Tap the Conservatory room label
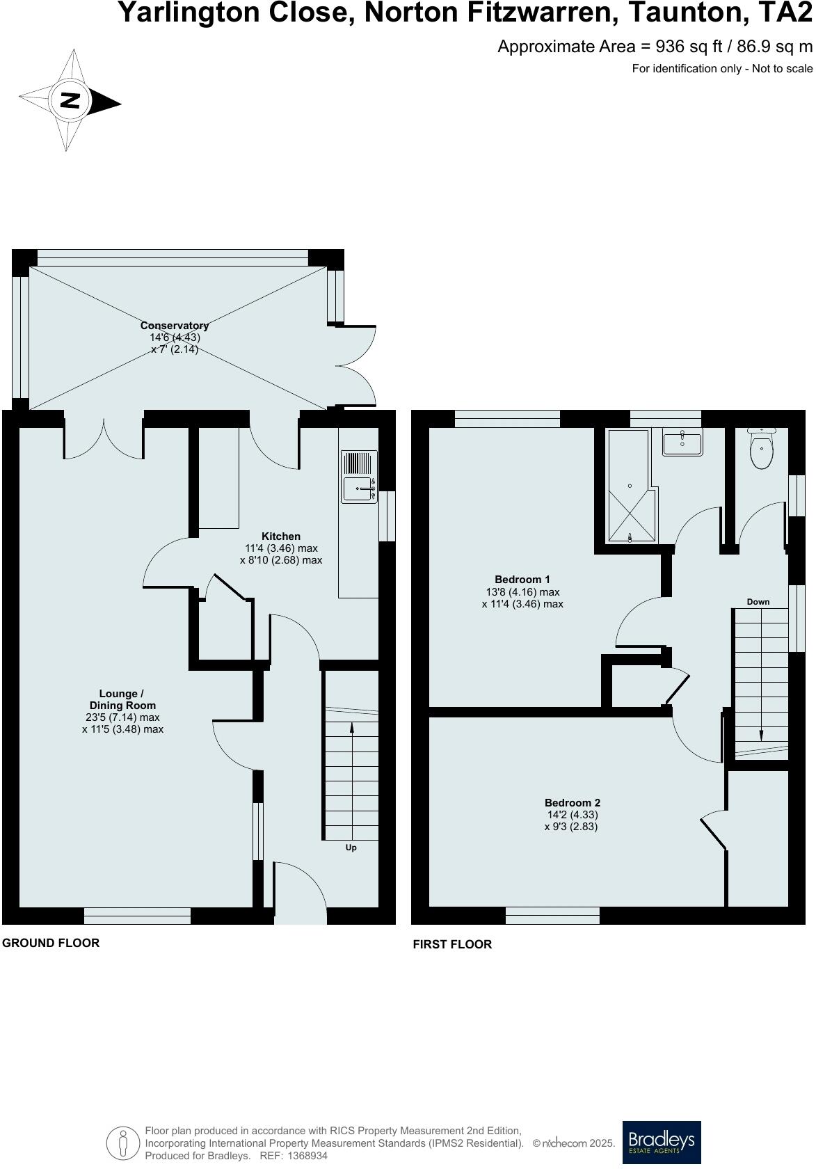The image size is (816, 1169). [x=175, y=326]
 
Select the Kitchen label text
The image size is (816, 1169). [x=281, y=536]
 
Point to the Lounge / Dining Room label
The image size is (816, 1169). [x=122, y=699]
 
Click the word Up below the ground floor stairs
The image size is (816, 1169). [x=351, y=848]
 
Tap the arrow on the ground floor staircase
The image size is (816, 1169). [x=351, y=729]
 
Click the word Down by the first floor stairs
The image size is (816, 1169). [x=758, y=602]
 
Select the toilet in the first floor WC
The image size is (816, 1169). [x=762, y=450]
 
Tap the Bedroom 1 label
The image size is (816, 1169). [x=522, y=580]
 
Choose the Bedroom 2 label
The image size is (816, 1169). [x=572, y=802]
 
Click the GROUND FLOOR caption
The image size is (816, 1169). [x=51, y=943]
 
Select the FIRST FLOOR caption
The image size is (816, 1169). [x=452, y=944]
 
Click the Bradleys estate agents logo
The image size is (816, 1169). [x=661, y=1142]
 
